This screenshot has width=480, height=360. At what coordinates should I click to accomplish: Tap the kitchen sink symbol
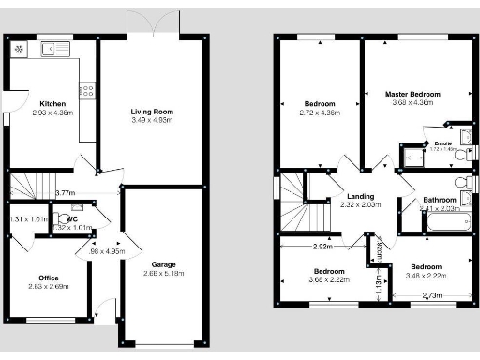[55, 48]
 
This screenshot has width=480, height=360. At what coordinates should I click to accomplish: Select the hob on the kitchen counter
[86, 91]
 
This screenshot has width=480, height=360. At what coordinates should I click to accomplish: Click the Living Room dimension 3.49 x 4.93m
[152, 121]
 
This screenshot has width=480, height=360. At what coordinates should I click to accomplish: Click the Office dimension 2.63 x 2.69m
[48, 287]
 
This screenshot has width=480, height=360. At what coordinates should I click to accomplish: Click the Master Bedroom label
[412, 94]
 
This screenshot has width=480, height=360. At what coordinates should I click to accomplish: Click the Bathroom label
[439, 200]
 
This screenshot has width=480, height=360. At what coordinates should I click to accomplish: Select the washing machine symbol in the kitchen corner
[17, 49]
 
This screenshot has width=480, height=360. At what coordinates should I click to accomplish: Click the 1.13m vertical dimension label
[379, 278]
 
